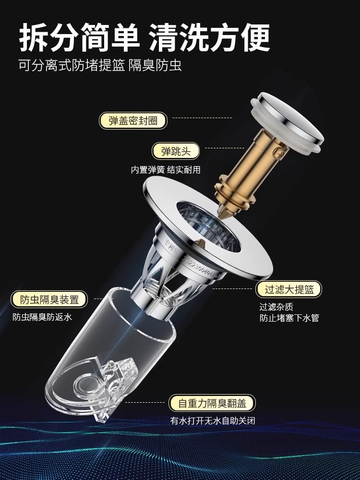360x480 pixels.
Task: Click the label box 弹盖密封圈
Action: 133,120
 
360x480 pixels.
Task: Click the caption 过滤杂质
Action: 276,306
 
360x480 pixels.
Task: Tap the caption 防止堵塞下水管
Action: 289,317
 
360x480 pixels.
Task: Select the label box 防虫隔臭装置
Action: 49,300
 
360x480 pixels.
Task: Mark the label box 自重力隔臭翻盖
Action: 212,403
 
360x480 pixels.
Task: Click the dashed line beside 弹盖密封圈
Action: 202,118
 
